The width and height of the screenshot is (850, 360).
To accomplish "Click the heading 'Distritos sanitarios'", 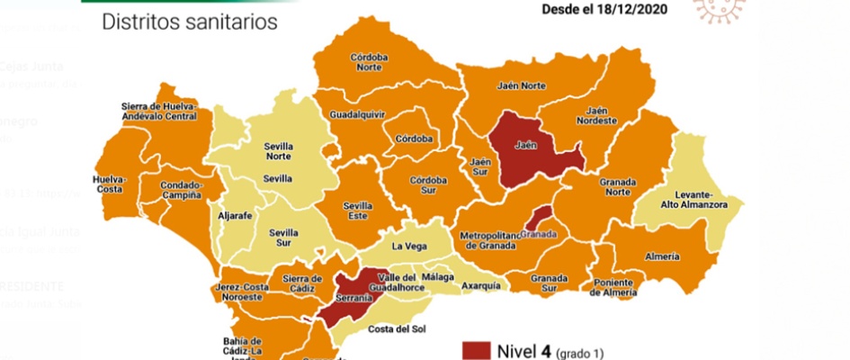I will pos(190,22).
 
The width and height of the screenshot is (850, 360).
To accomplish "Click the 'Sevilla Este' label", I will pos(359,211).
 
